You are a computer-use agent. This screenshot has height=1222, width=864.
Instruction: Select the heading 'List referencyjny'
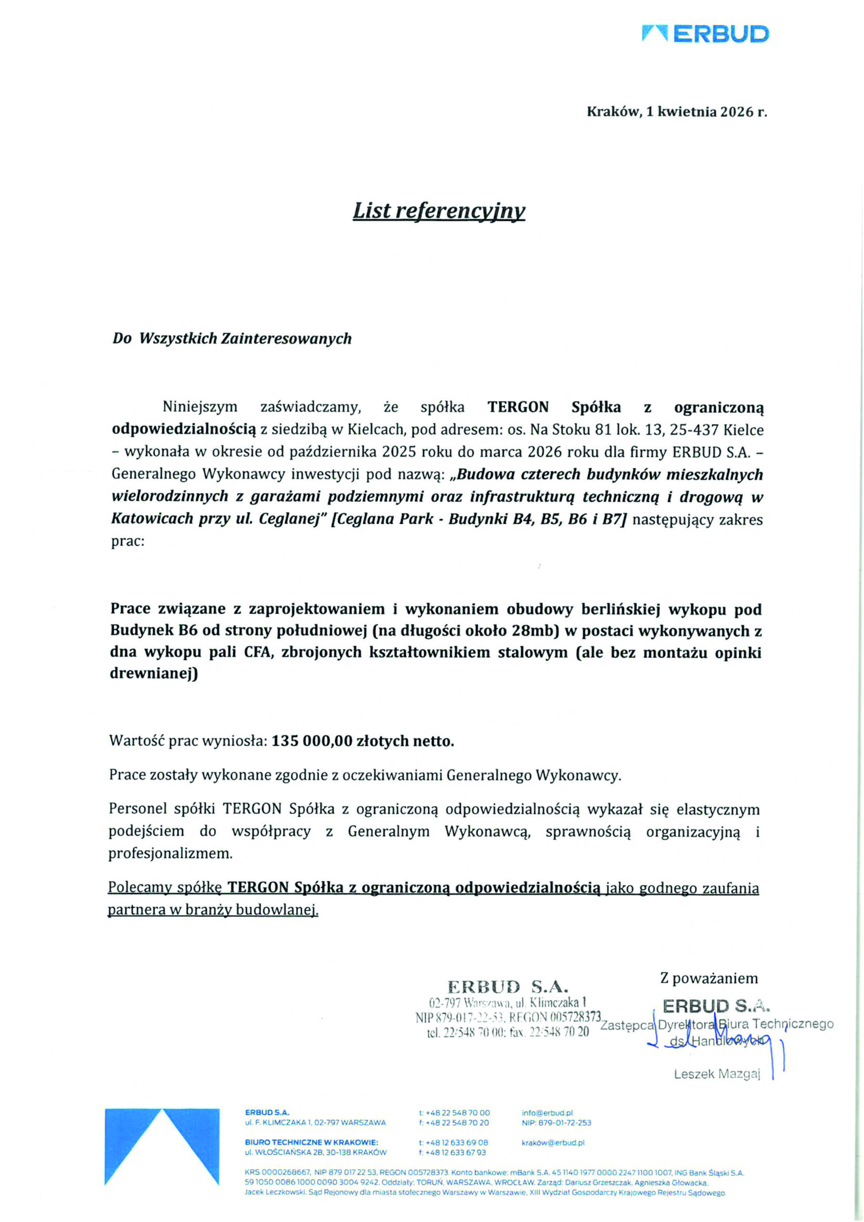coord(439,211)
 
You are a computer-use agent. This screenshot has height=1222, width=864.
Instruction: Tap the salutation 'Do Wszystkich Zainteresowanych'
coord(232,338)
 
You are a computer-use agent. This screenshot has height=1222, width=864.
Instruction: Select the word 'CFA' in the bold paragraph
coord(258,652)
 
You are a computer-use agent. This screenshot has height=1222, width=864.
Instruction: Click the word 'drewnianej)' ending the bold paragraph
coord(153,674)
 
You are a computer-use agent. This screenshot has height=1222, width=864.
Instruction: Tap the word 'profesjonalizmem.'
coord(170,853)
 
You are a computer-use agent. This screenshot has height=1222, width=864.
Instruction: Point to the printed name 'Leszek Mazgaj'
coord(716,1074)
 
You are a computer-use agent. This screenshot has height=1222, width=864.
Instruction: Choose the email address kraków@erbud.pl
coord(553,1142)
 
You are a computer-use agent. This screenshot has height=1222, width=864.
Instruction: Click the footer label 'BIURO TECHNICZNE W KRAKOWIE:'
coord(311,1142)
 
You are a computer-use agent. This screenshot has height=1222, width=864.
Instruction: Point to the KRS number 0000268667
coord(277,1172)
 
